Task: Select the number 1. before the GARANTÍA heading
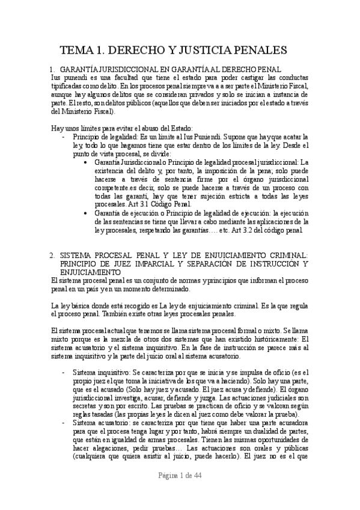click(x=52, y=70)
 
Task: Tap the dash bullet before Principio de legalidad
click(x=65, y=137)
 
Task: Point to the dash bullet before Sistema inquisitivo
click(x=65, y=373)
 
